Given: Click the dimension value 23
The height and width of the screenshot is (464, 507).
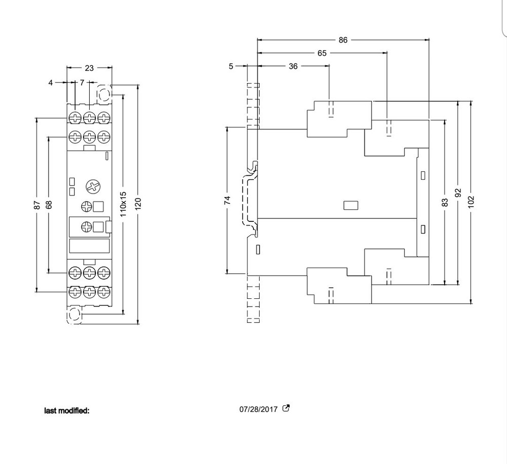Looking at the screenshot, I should [89, 68].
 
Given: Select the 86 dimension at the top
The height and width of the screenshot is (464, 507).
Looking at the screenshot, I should [343, 40].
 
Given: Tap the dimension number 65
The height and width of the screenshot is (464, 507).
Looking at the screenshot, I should [322, 53].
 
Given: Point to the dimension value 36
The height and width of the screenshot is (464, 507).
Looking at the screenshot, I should [293, 66].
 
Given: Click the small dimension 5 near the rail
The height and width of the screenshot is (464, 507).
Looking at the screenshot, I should [231, 66].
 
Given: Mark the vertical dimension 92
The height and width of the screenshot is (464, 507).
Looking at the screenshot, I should [458, 193].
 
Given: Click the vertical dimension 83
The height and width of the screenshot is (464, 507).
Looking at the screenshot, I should [445, 202].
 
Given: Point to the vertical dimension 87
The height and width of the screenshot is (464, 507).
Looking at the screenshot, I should [37, 205].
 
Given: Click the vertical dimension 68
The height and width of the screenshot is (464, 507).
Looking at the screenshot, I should [48, 205].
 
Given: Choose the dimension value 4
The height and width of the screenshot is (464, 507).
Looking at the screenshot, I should [51, 82].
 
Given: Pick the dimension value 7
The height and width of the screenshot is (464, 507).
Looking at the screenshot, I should [82, 82].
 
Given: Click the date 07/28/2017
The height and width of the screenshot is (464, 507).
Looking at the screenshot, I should [259, 409].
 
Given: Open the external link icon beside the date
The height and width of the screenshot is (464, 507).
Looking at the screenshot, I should [286, 408].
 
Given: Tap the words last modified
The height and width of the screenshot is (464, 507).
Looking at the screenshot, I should [67, 410].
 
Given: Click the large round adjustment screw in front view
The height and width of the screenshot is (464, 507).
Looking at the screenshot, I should [93, 186].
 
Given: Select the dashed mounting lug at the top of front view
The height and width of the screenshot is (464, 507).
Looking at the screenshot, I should [103, 94].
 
